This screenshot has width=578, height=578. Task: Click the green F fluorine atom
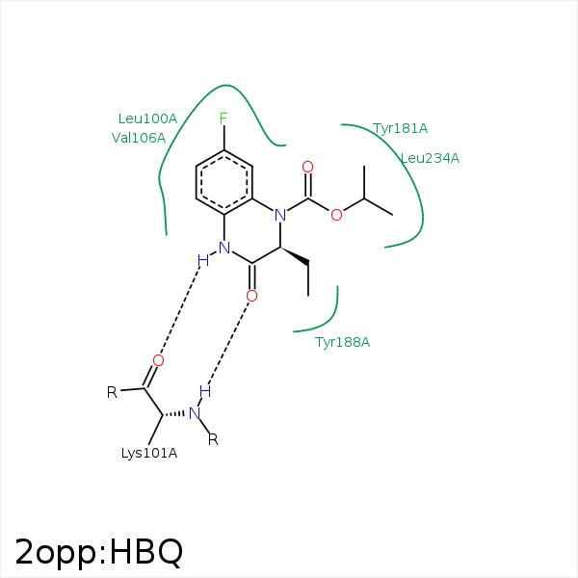pos(223,118)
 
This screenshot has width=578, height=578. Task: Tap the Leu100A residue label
pos(147,118)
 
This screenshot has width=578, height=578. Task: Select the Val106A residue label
pos(139,138)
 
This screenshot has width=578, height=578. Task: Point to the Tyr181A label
pos(400,129)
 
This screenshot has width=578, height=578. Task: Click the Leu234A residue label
pos(430,159)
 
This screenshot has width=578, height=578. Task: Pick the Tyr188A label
pos(342,342)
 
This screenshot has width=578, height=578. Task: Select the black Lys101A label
pos(149,453)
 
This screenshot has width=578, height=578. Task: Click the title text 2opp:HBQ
pos(99,552)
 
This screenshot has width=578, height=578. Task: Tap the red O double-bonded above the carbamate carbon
pos(308,167)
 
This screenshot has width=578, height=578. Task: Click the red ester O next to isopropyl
pos(336,215)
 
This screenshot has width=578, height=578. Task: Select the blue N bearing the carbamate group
pos(280,215)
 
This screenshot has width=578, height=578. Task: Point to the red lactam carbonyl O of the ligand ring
pos(251,296)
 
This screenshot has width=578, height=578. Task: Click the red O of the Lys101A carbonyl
pos(158,360)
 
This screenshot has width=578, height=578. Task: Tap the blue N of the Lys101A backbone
pos(195,413)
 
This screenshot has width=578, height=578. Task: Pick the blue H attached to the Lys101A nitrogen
pos(205,391)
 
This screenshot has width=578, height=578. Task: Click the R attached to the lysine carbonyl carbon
pos(112,392)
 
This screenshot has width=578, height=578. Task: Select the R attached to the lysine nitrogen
pos(213,439)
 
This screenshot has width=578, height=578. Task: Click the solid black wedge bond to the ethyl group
pos(295,255)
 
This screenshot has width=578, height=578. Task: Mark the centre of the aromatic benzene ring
pos(224,182)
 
